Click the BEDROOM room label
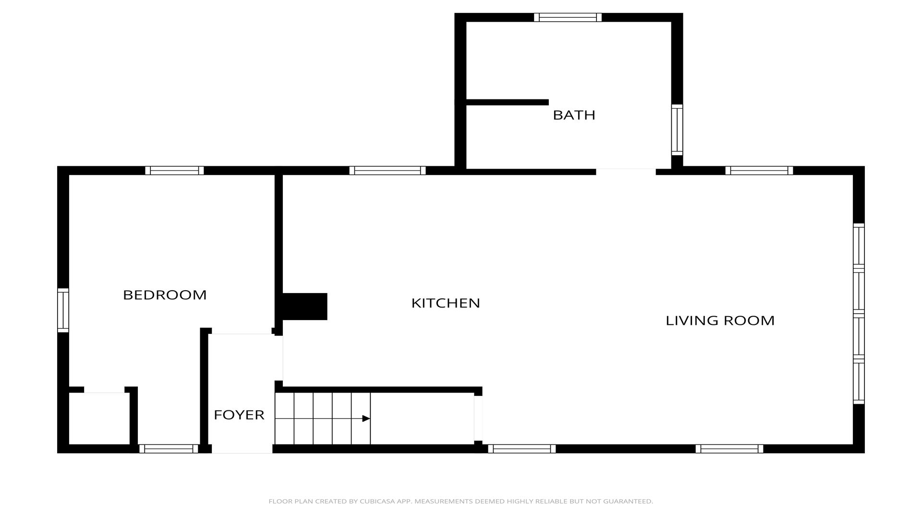point(165,295)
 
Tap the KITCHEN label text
point(446,303)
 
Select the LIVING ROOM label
point(720,321)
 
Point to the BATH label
point(574,115)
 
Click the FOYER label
point(239,415)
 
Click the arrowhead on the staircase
point(366,419)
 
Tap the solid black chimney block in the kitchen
point(304,307)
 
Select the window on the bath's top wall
point(568,18)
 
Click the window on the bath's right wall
point(677,130)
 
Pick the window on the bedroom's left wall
point(63,310)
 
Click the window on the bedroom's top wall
point(174,171)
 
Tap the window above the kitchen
point(388,171)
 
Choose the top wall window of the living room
point(759,171)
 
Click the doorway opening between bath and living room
point(626,171)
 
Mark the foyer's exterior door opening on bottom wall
point(242,449)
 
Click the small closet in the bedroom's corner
point(99,419)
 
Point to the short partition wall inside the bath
point(507,102)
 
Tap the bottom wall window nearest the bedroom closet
point(169,449)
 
